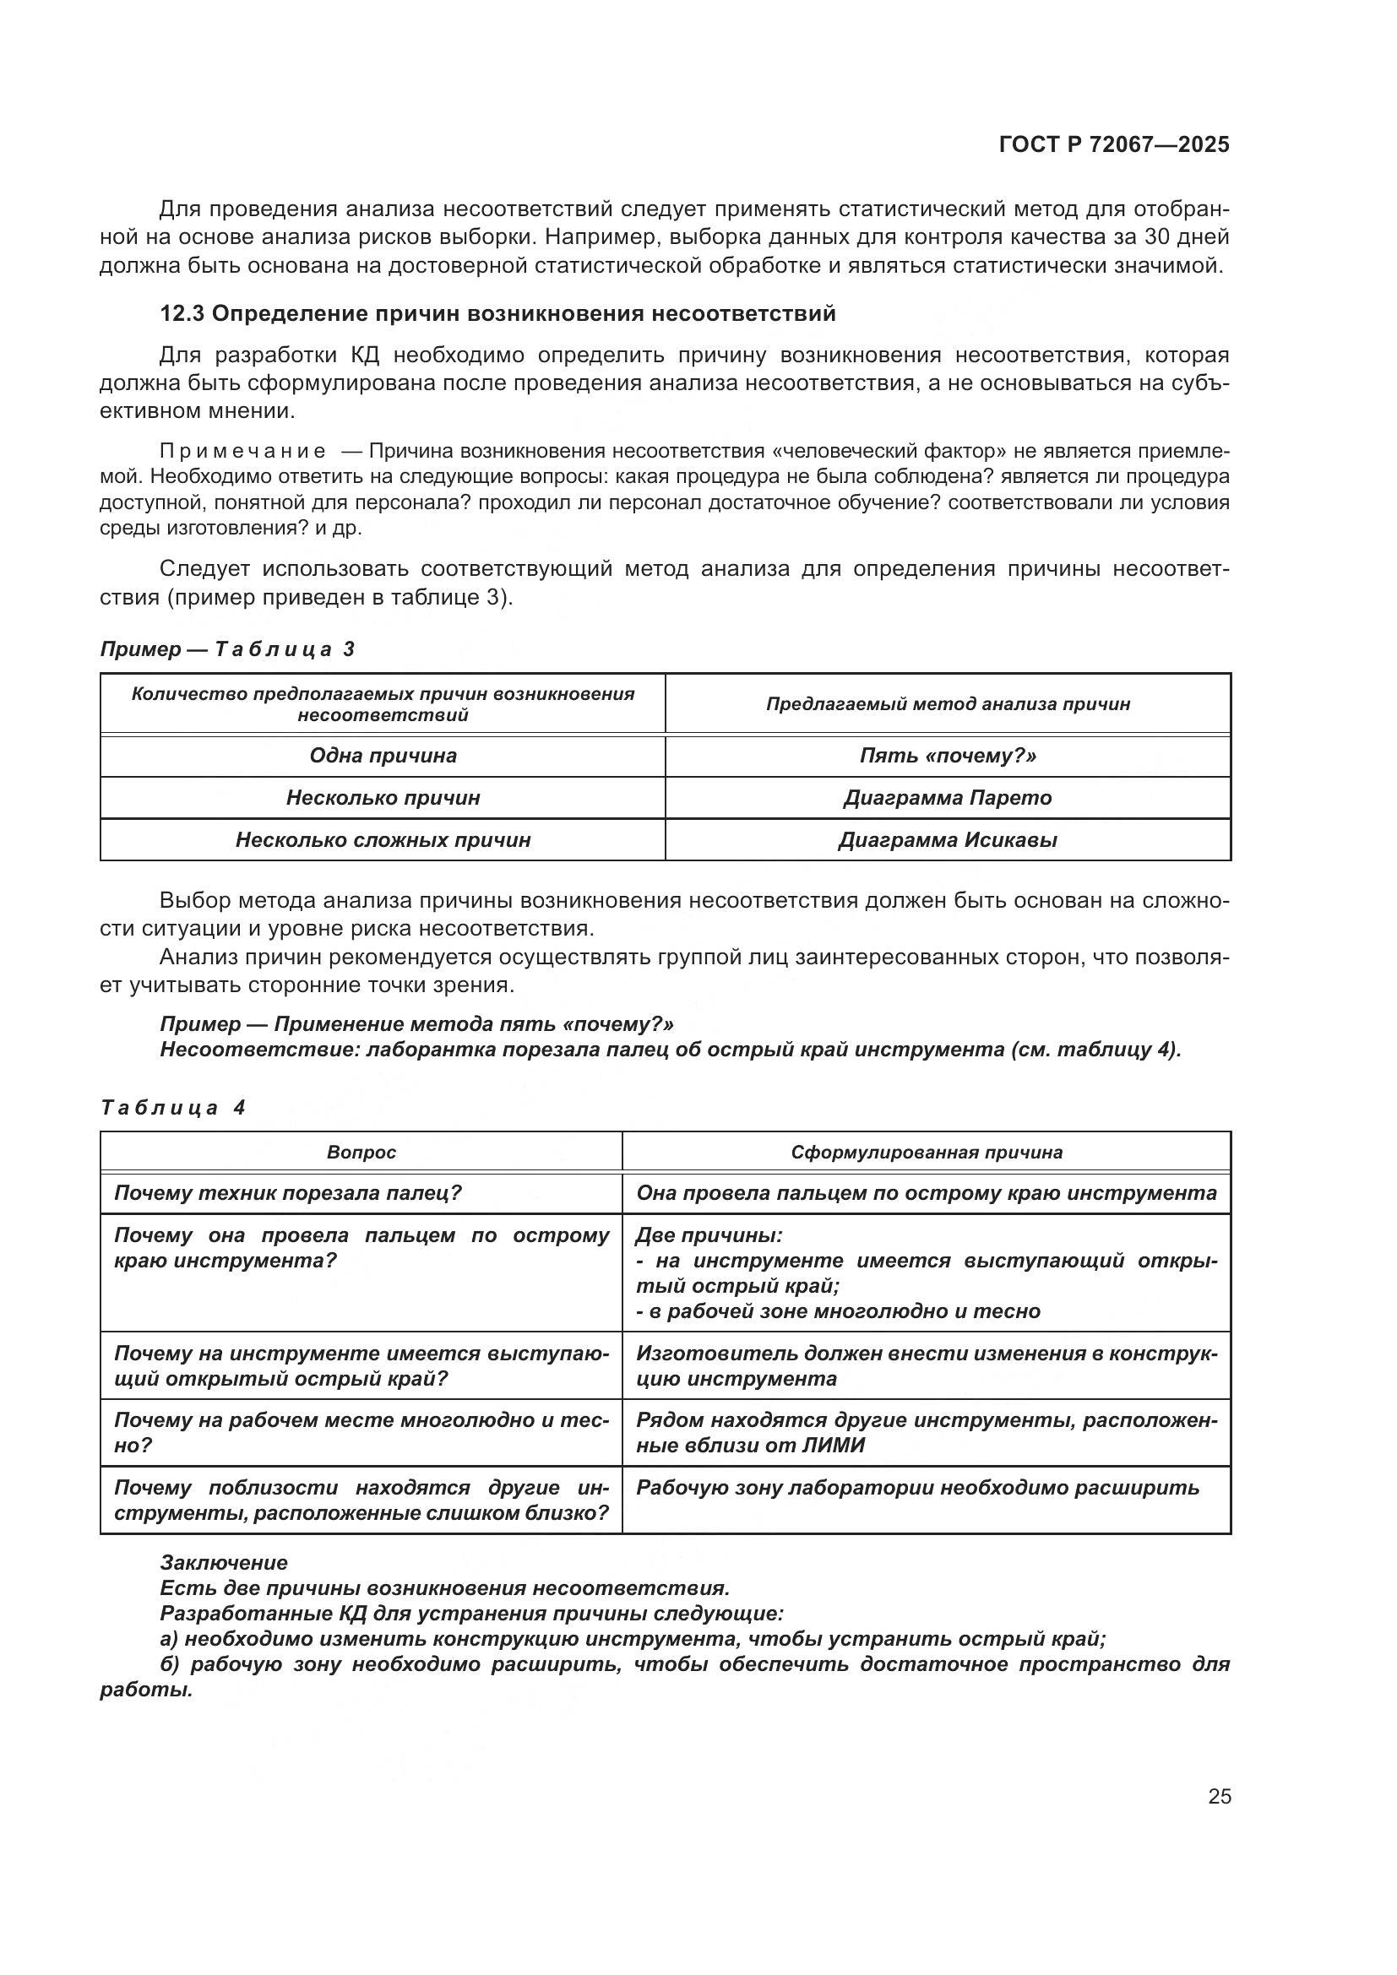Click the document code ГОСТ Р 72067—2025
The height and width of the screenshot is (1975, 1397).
tap(1114, 144)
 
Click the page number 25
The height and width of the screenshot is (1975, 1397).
tap(1219, 1797)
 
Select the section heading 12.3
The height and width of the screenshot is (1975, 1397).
tap(497, 313)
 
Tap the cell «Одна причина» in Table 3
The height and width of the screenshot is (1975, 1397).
tap(383, 756)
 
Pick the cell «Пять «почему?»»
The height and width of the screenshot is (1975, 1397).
tap(947, 756)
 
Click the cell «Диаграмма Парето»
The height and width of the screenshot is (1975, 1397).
tap(947, 798)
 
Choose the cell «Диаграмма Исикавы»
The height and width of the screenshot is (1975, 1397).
tap(947, 840)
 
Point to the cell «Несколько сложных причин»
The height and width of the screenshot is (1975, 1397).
tap(383, 840)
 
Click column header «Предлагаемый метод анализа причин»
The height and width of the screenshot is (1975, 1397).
tap(947, 704)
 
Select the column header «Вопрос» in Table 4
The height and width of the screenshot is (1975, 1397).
tap(361, 1153)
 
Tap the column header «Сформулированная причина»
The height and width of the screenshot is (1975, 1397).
tap(927, 1153)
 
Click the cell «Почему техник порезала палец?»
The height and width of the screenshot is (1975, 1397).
tap(288, 1193)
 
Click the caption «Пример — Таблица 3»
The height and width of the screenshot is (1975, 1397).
tap(227, 649)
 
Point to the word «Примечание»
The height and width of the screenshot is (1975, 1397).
tap(242, 452)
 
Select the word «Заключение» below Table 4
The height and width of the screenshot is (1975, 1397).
tap(224, 1563)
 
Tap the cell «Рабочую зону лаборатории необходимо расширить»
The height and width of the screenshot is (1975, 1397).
tap(917, 1488)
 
